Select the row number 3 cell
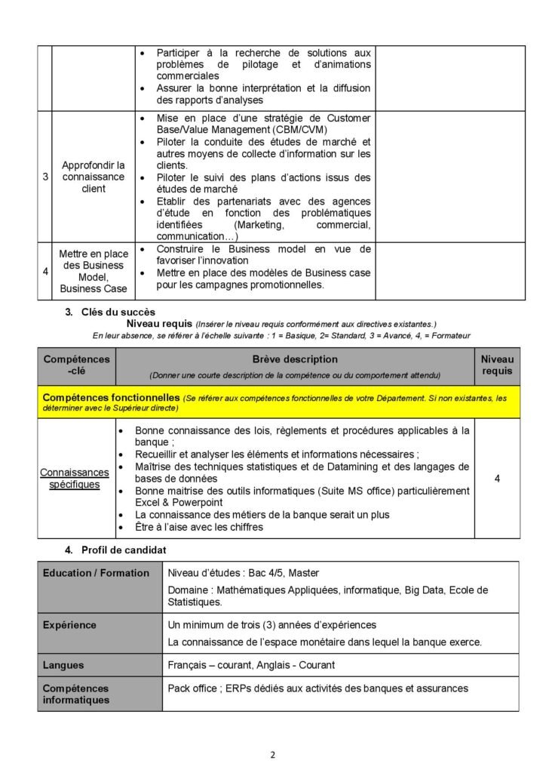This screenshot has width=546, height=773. (x=45, y=177)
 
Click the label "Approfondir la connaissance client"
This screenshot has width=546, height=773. (x=94, y=177)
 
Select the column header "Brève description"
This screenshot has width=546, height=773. (x=295, y=359)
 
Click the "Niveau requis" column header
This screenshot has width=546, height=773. (x=497, y=365)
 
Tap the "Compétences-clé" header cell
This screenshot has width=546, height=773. (x=76, y=365)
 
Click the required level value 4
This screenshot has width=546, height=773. (x=497, y=478)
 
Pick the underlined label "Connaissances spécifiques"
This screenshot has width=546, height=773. (x=75, y=479)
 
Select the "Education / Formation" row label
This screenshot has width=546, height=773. (x=96, y=573)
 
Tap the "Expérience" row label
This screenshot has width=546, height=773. (x=69, y=625)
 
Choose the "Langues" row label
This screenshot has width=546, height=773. (x=63, y=665)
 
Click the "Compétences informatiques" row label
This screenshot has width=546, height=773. (x=76, y=694)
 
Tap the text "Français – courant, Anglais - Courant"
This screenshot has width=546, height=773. (x=251, y=665)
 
